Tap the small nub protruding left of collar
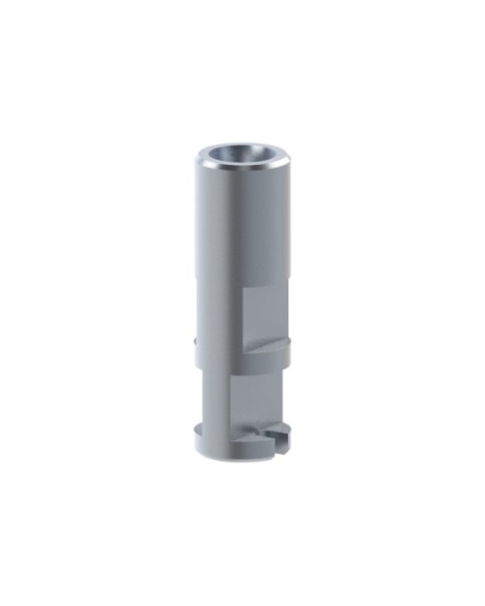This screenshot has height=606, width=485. coord(196,340)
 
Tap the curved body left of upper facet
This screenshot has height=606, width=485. coord(218,310)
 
